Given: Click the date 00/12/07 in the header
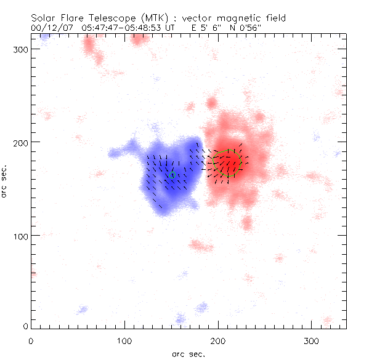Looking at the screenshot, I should coord(49,27).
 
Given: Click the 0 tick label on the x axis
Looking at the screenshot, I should coord(31,340).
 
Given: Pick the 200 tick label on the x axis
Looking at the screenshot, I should coord(218,340).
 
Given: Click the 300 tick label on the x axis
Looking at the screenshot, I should coord(312,340).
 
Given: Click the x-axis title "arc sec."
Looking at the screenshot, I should coord(188,354).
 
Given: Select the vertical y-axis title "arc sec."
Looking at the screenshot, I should coord(5,180).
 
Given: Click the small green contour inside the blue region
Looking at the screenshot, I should coord(172,175).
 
